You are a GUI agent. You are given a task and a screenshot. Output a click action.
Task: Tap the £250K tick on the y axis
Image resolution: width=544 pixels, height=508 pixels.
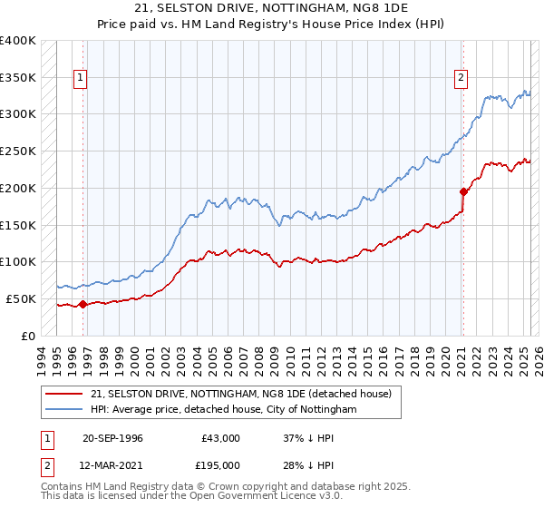pos(20,151)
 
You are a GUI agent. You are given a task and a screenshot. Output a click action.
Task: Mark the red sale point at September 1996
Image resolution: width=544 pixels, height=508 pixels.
pos(83,304)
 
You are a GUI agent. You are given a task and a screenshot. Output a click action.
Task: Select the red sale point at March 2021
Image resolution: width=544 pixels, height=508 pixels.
pos(463,191)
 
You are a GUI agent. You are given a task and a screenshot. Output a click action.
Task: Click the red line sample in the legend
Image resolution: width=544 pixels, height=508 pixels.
pos(65,394)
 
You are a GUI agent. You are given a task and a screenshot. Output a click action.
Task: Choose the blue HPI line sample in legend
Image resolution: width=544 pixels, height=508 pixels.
pos(65,410)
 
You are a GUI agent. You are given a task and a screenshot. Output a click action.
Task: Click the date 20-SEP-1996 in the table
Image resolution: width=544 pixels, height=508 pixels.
pos(112,438)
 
